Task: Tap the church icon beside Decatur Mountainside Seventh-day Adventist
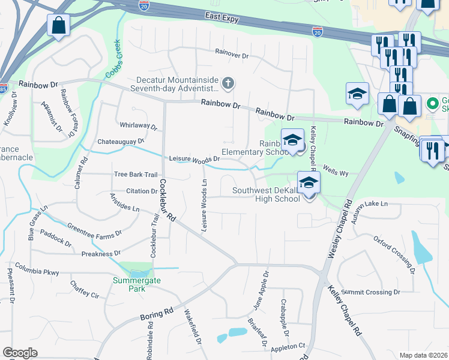point(228,83)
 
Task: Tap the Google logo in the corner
point(20,353)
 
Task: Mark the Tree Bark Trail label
point(136,175)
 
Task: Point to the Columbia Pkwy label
point(37,268)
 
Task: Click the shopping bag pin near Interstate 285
point(58,25)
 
